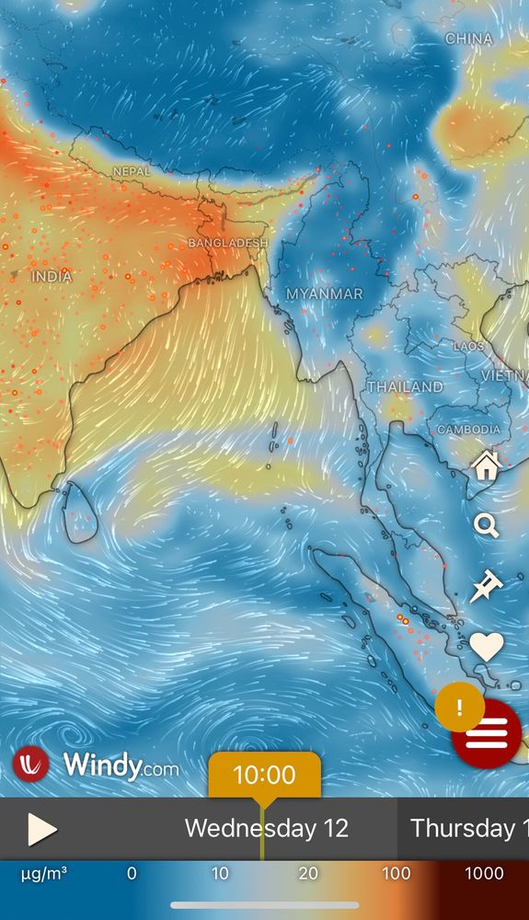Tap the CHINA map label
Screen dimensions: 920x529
point(469,39)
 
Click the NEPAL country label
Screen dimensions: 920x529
point(132,171)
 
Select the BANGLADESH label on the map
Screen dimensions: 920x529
point(227,243)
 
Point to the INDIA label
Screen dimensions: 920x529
point(52,276)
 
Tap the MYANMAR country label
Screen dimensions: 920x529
point(324,293)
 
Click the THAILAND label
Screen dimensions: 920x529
point(405,387)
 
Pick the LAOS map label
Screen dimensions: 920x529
point(468,346)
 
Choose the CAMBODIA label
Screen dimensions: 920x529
point(468,430)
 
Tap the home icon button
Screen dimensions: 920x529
point(486,466)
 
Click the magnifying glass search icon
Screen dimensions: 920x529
point(486,525)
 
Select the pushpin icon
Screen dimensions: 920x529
point(486,585)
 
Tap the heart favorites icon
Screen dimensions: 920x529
point(486,646)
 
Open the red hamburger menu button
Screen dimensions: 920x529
point(487,733)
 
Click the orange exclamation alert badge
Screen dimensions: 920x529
point(459,707)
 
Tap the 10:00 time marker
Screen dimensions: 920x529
point(264,775)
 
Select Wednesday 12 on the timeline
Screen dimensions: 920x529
point(266,828)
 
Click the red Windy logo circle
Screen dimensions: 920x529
point(30,765)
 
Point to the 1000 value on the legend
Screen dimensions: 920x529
point(484,873)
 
